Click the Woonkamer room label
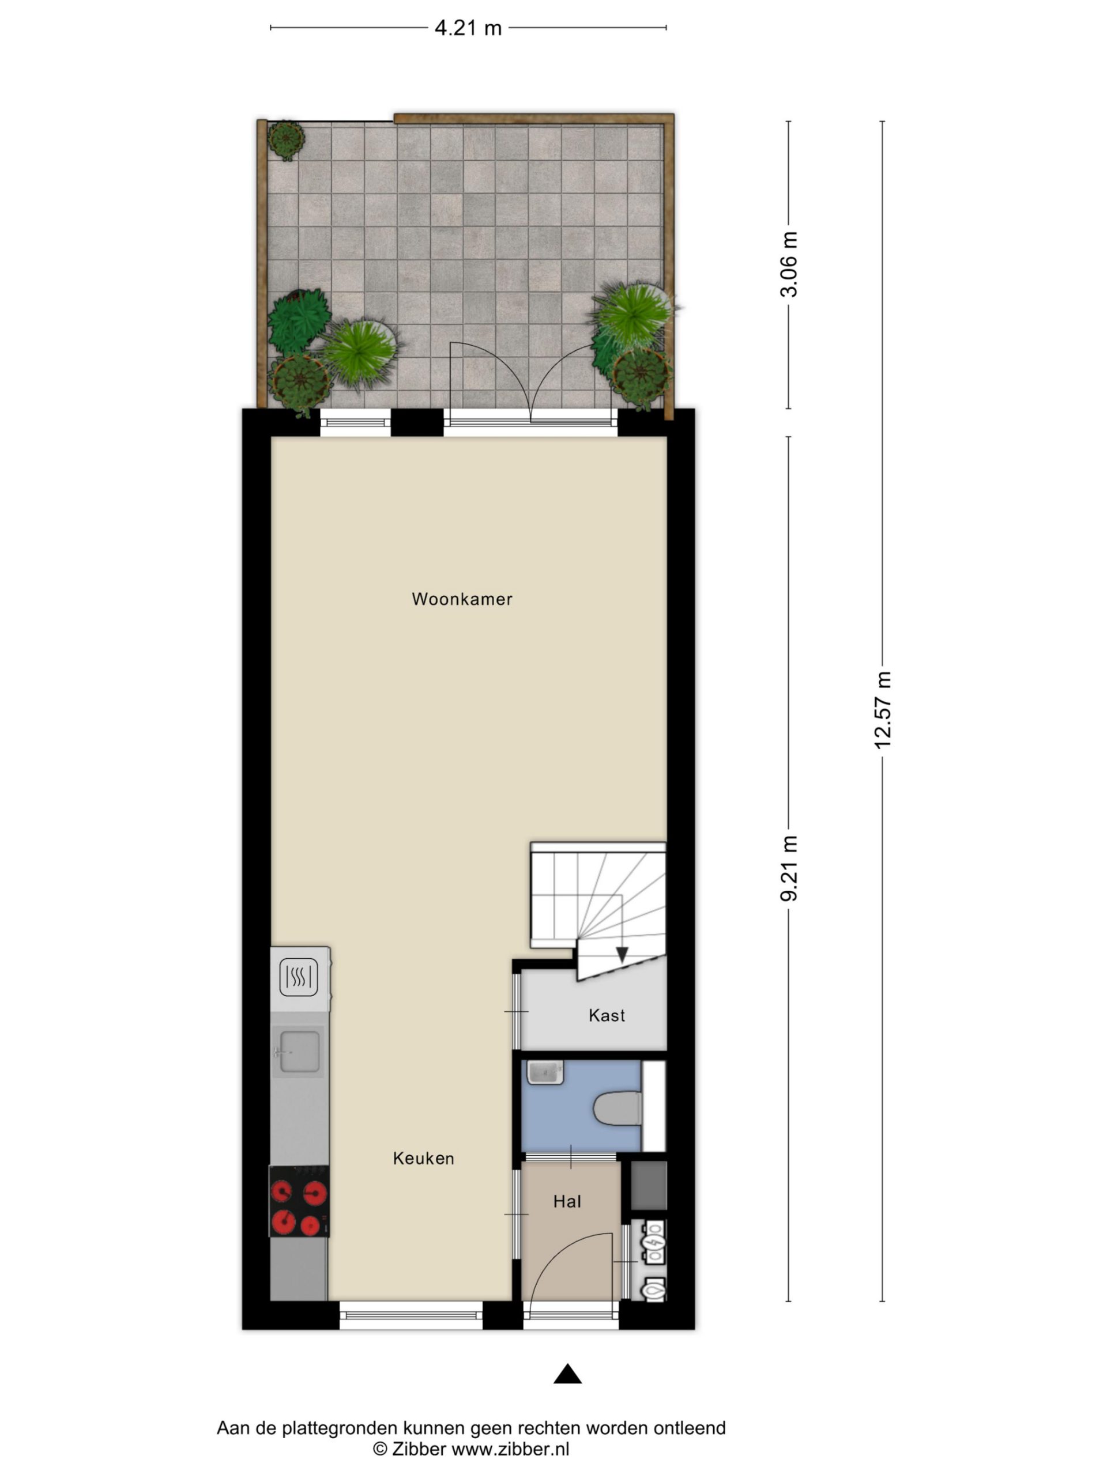pos(462,599)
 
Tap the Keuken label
pos(423,1158)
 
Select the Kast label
pos(607,1016)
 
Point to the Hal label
pos(567,1201)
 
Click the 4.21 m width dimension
pos(468,28)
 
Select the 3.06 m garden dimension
pos(789,264)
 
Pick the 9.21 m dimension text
pos(789,868)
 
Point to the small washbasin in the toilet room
pos(545,1073)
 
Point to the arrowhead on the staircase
pos(622,955)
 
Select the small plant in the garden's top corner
pos(286,139)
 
